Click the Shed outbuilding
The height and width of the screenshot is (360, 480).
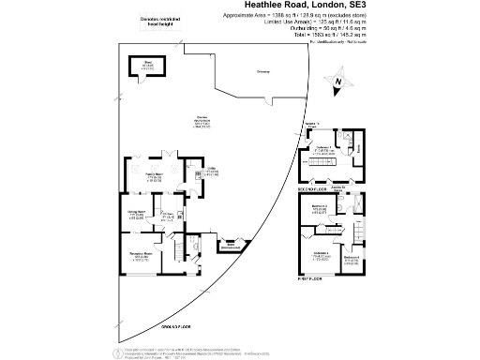click(x=147, y=66)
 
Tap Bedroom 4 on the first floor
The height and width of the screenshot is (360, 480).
click(x=352, y=260)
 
